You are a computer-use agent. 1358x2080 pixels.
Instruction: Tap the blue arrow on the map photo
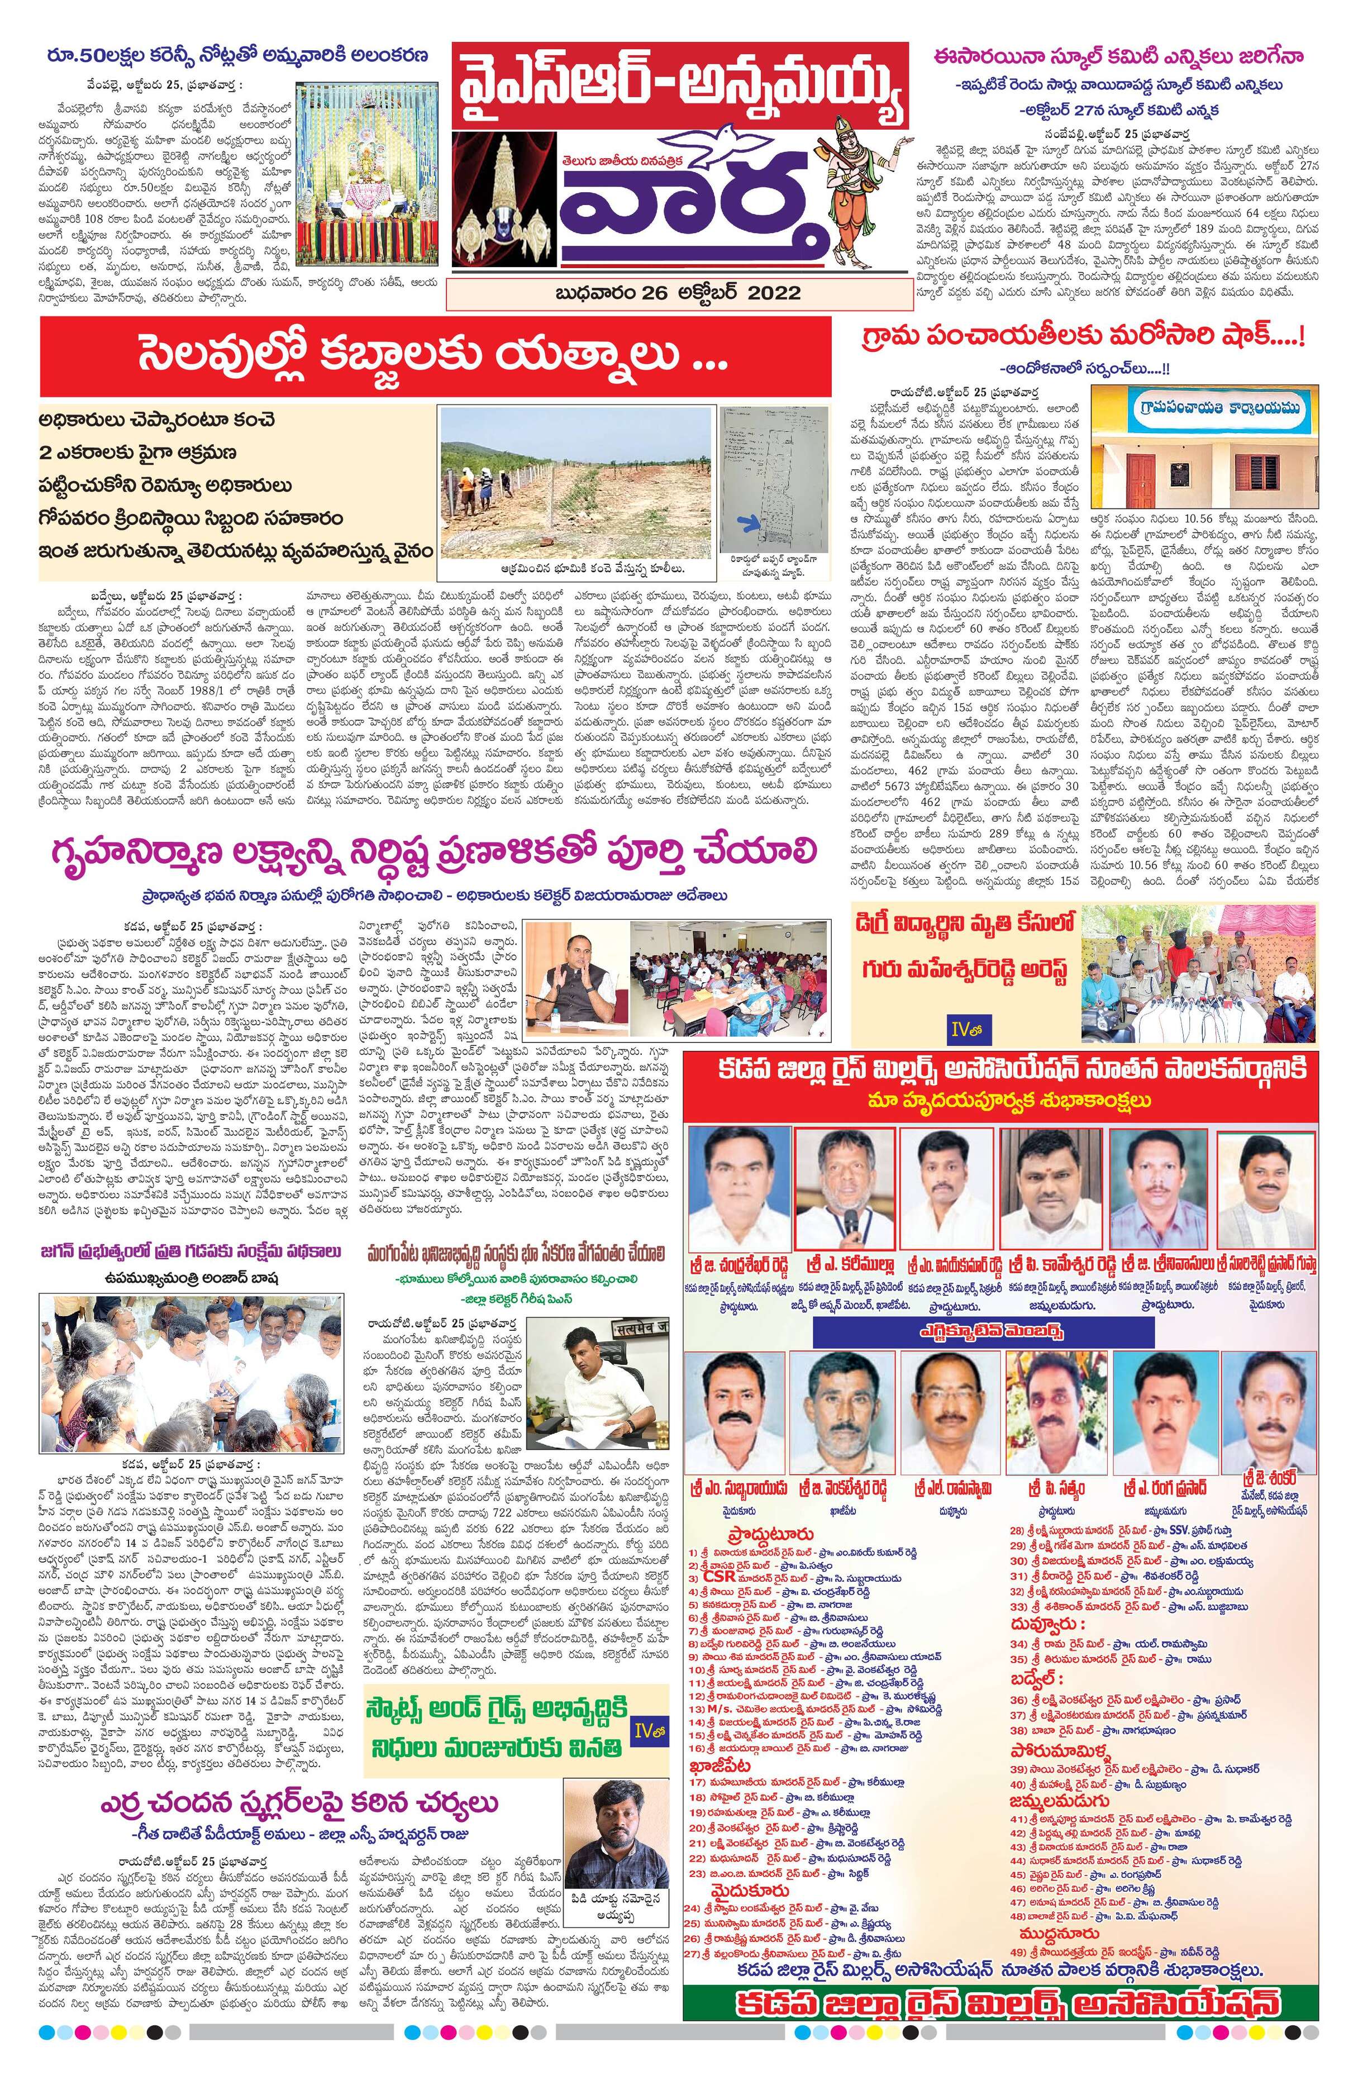(x=748, y=522)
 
